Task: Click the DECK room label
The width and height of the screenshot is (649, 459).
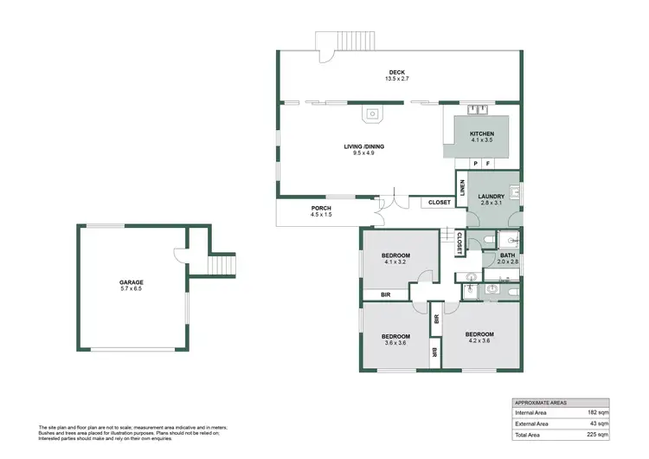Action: pos(396,73)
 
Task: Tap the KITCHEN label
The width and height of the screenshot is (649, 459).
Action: pos(482,134)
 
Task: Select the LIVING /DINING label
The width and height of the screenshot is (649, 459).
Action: pos(362,146)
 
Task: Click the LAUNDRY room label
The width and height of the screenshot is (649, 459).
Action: pos(492,197)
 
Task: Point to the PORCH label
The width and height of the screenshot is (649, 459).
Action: pos(321,209)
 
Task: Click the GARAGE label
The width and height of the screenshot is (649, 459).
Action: pos(132,282)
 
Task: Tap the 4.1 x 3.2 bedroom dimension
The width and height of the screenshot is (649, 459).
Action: pos(395,262)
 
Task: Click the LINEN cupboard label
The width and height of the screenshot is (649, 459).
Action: pos(463,187)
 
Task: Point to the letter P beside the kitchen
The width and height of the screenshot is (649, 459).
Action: pos(475,164)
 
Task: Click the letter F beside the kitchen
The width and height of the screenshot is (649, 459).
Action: pos(488,164)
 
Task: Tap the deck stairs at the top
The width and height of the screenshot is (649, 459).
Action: pos(345,41)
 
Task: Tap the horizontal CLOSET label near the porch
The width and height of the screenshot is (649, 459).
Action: pos(440,203)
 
